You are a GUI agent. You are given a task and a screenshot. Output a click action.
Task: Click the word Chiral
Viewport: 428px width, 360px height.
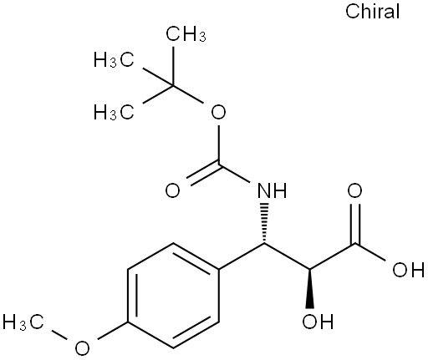(373, 12)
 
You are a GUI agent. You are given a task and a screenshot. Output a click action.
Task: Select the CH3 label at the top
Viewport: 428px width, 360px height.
(186, 34)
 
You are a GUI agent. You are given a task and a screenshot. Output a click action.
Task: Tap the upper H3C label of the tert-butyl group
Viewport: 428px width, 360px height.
(114, 59)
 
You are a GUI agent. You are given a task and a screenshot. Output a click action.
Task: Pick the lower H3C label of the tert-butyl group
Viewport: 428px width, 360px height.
(114, 112)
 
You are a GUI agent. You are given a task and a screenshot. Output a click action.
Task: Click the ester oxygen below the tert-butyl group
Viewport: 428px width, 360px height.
(218, 112)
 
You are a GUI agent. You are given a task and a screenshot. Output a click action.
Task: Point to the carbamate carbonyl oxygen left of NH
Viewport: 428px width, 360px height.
(173, 190)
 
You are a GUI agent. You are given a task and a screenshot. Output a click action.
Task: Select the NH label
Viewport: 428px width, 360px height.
(272, 190)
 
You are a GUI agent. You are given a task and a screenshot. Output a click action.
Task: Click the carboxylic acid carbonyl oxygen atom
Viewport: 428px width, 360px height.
(354, 190)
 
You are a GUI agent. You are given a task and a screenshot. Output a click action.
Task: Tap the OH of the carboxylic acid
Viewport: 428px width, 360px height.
(408, 270)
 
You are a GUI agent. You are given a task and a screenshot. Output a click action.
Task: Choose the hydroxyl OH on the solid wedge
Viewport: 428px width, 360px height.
(318, 322)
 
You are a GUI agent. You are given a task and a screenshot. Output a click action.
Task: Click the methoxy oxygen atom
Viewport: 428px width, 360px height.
(82, 348)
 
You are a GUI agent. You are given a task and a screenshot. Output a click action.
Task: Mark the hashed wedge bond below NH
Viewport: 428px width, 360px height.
(264, 223)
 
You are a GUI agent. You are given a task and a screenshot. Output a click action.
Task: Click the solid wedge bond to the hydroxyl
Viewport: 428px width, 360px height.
(309, 289)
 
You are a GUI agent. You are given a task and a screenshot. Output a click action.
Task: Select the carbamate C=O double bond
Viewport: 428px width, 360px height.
(203, 174)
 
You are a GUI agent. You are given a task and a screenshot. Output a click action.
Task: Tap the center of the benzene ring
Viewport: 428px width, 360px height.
(173, 296)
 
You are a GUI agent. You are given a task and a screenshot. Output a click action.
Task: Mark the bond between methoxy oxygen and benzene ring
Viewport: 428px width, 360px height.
(112, 331)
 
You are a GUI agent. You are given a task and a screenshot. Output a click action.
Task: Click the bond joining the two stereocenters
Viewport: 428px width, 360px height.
(287, 256)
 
